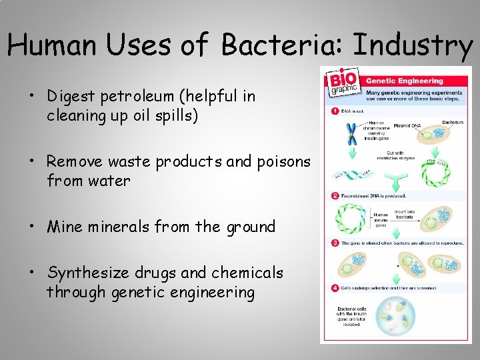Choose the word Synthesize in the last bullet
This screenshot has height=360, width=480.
click(91, 273)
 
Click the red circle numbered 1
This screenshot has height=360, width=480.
click(335, 111)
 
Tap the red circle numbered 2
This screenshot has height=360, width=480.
click(335, 195)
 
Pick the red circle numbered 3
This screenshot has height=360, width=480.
click(335, 243)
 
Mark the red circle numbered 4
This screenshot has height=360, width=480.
click(335, 288)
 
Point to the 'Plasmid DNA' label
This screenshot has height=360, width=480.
click(407, 125)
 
